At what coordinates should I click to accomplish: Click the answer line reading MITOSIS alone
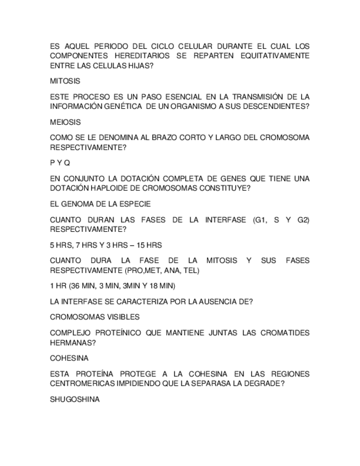pos(65,81)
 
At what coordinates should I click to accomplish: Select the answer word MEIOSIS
pos(65,123)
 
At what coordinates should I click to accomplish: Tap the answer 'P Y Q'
pos(60,163)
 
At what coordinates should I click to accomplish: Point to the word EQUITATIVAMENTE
pos(275,56)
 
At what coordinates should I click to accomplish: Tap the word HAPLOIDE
pos(109,188)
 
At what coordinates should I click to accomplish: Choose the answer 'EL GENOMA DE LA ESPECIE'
pos(100,204)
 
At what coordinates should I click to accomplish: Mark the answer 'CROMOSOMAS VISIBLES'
pos(95,317)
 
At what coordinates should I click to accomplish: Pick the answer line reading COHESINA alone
pos(69,358)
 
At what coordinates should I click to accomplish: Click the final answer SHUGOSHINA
pos(75,400)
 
